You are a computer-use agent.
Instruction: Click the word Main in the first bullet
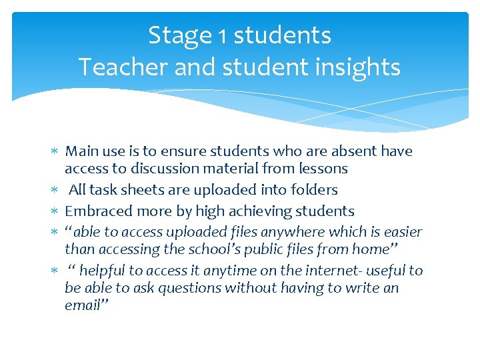[83, 151]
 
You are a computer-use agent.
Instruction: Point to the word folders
[315, 190]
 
